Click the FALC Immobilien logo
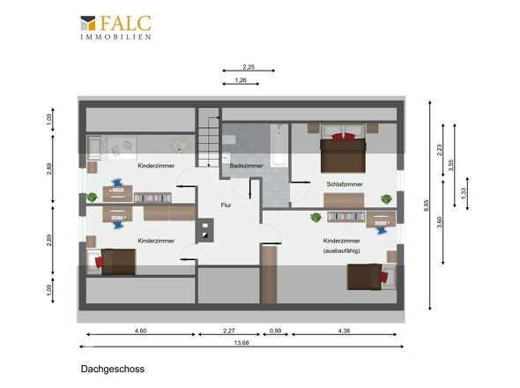point(115,26)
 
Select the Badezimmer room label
point(248,166)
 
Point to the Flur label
point(227,206)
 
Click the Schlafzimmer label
point(345,184)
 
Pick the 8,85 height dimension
point(427,205)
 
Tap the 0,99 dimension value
point(274,330)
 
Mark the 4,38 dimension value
point(345,330)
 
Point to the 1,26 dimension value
point(241,81)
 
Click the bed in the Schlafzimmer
point(343,146)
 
